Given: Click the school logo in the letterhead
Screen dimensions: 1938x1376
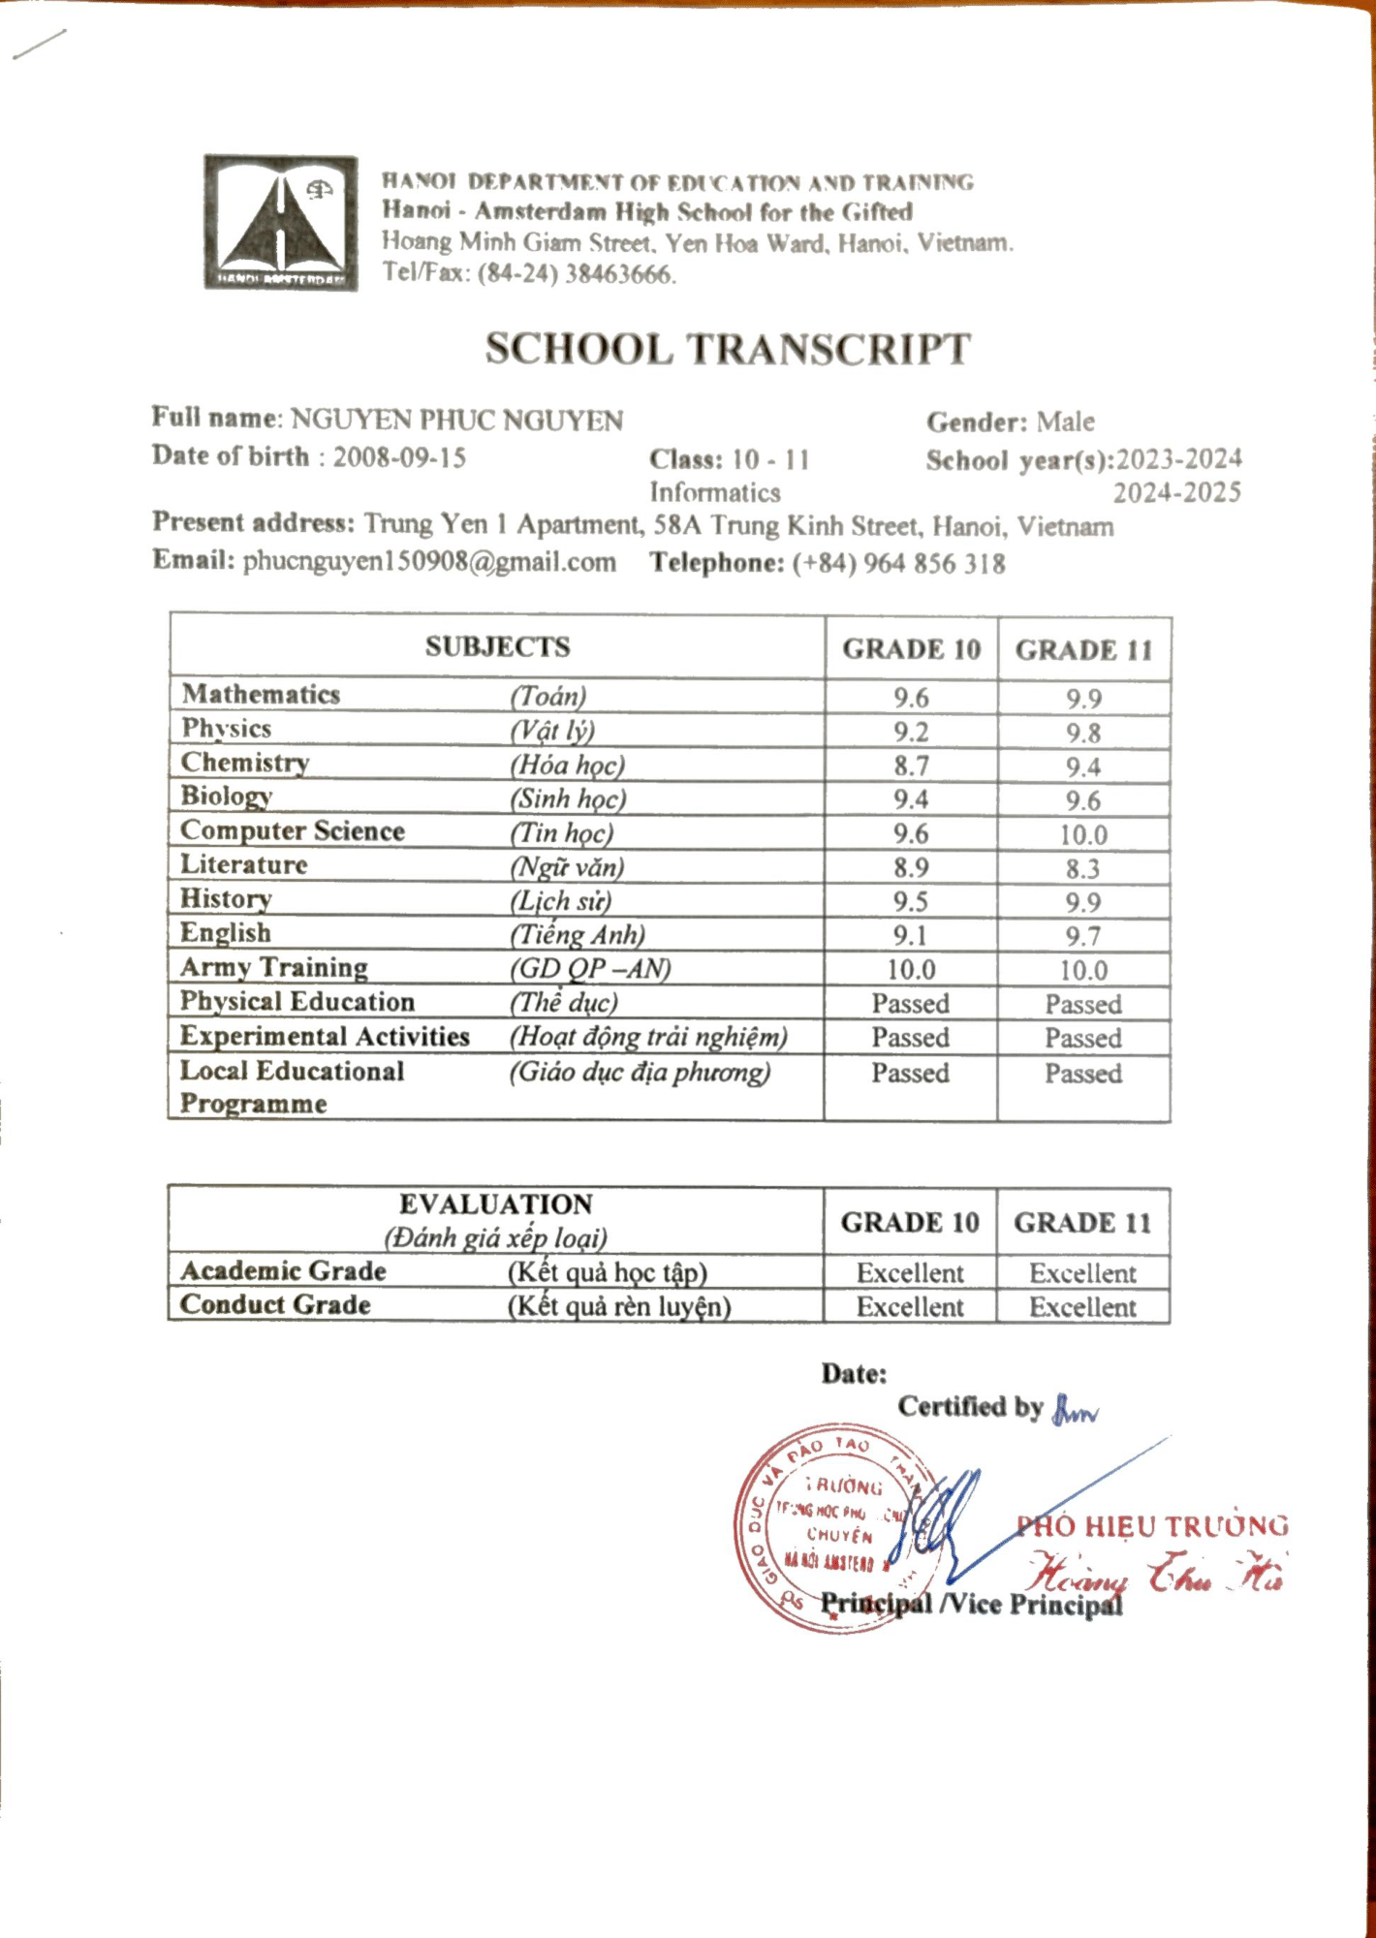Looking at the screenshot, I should (x=280, y=222).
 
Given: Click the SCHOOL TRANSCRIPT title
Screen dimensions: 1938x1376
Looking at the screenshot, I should (x=727, y=350).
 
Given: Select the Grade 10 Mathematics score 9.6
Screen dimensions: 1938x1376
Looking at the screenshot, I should (x=911, y=698).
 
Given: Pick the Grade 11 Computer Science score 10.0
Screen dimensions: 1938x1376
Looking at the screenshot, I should (x=1083, y=835).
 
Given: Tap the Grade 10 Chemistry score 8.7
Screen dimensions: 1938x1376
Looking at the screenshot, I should (x=911, y=766).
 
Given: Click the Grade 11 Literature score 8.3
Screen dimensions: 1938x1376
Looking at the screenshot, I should (x=1083, y=869).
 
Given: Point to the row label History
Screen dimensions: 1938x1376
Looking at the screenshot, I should (x=226, y=899).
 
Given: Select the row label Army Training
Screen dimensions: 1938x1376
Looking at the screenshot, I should (x=274, y=967).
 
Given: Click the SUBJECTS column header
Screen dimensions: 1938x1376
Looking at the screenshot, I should (x=497, y=647).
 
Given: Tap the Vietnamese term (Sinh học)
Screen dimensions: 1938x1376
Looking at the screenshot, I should (x=569, y=799).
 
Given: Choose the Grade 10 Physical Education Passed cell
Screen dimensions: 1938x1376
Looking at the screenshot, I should (x=910, y=1004).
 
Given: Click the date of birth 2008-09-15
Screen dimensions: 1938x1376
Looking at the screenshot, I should (x=399, y=457).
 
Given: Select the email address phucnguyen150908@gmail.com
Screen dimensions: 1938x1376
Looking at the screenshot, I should (x=429, y=562).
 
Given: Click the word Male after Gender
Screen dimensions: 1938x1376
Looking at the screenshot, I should (x=1065, y=422).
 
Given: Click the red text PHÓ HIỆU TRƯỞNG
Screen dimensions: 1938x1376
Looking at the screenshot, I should (x=1152, y=1527).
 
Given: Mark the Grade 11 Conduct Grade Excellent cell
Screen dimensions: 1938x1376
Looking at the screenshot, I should (x=1082, y=1307).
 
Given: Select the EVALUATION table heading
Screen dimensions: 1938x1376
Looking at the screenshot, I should (x=496, y=1204).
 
